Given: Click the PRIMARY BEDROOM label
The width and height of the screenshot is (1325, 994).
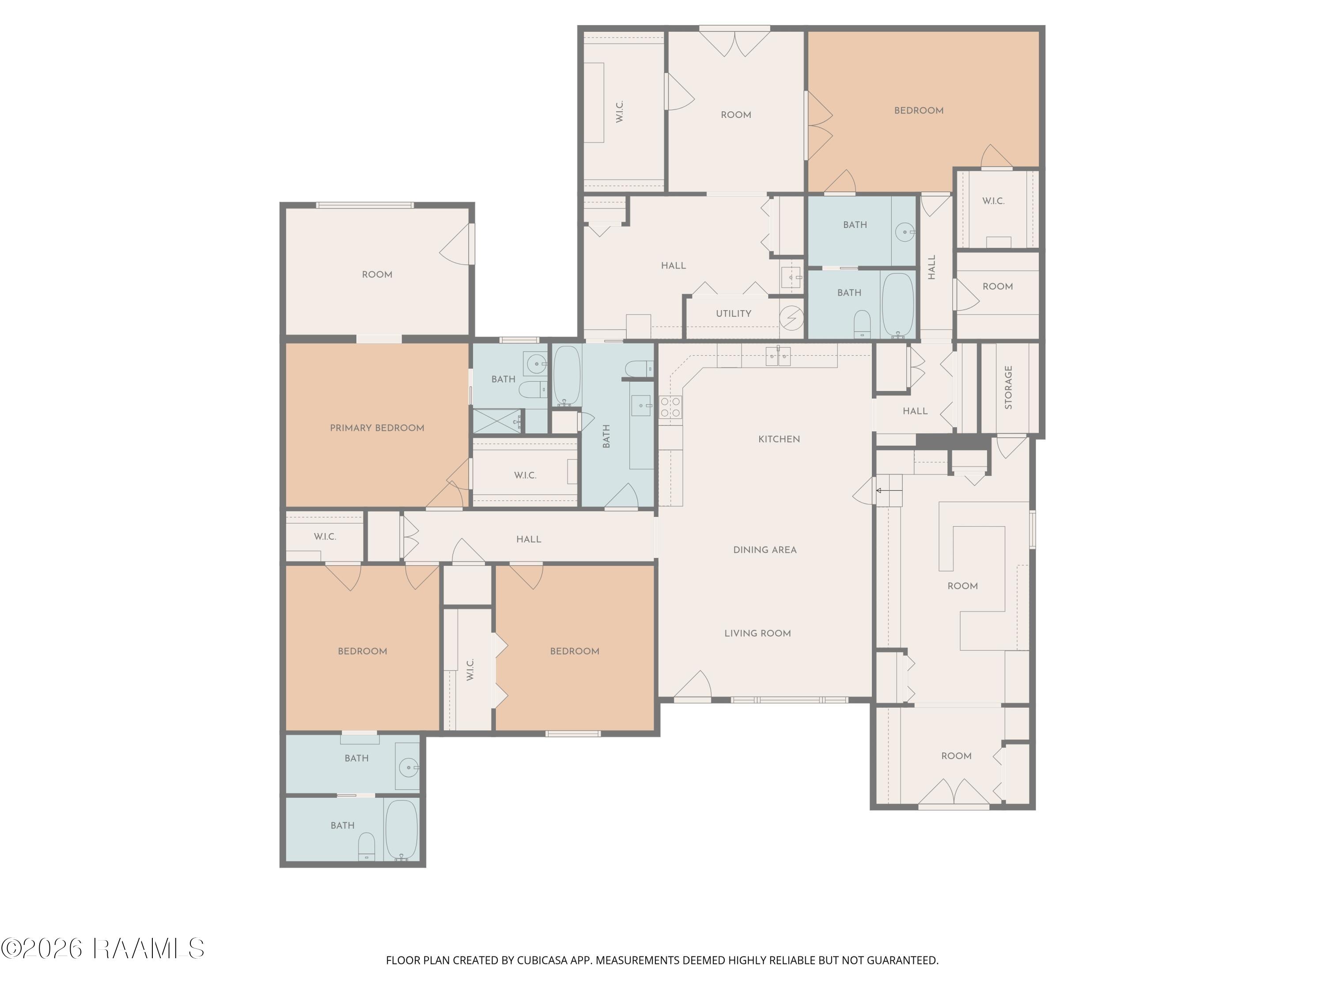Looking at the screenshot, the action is click(377, 428).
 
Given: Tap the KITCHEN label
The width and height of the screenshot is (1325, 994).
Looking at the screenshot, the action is click(779, 439).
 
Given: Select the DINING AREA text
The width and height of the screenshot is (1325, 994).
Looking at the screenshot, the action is click(765, 550).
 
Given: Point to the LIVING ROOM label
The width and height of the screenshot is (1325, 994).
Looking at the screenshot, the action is click(758, 634).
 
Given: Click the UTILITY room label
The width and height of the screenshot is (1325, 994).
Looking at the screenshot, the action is click(733, 313).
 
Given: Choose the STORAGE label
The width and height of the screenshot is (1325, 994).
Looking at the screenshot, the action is click(1008, 387).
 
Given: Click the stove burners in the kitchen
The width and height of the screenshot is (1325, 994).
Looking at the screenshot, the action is click(670, 407).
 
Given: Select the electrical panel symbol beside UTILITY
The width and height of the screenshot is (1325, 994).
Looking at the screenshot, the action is click(791, 318).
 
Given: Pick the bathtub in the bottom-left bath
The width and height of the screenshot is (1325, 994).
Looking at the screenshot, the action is click(401, 830).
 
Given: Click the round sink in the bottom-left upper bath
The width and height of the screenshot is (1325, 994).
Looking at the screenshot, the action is click(409, 767).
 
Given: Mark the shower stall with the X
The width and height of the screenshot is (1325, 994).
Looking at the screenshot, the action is click(498, 421).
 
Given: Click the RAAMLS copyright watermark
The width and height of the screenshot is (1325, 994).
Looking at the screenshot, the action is click(102, 949).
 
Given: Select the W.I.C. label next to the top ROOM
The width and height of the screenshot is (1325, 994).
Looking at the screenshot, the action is click(620, 112).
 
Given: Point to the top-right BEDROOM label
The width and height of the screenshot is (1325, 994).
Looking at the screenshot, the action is click(919, 110).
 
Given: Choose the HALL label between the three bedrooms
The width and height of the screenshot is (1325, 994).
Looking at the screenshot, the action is click(528, 539).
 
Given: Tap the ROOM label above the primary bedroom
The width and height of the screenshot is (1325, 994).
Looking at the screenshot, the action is click(377, 274).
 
